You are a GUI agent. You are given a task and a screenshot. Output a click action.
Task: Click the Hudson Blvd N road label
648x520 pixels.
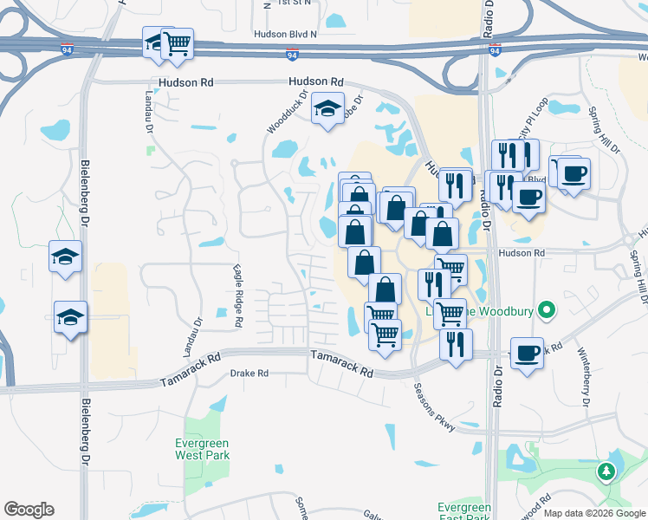pyautogui.click(x=285, y=35)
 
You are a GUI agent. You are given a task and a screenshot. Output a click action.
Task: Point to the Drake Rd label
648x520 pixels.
pyautogui.click(x=249, y=374)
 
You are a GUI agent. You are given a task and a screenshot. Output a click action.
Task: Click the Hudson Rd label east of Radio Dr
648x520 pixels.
pyautogui.click(x=523, y=252)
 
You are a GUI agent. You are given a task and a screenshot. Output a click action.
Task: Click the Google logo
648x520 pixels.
pyautogui.click(x=29, y=510)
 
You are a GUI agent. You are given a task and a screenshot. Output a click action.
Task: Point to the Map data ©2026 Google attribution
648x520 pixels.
pyautogui.click(x=594, y=513)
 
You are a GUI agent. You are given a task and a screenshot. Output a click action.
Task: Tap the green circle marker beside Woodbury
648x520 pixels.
pyautogui.click(x=546, y=309)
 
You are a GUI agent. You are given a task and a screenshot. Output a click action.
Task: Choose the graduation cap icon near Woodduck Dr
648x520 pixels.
pyautogui.click(x=327, y=109)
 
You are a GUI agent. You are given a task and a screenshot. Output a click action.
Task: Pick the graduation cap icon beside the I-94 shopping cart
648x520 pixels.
pyautogui.click(x=156, y=43)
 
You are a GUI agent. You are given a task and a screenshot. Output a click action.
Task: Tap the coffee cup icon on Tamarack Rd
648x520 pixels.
pyautogui.click(x=527, y=353)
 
